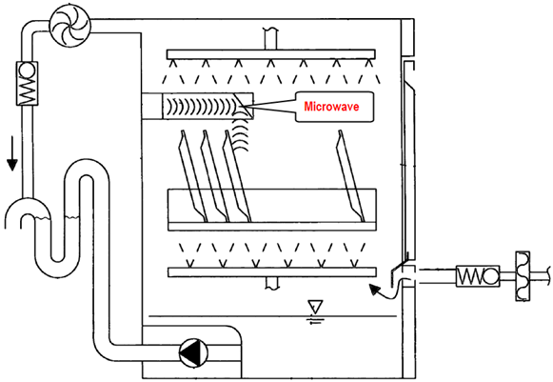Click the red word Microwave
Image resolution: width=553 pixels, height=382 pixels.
pos(331,107)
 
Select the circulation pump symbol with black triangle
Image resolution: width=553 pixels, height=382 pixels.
pos(193,352)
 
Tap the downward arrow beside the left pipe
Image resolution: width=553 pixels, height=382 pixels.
pos(12,153)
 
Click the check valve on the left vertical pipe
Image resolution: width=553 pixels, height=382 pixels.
pos(27,83)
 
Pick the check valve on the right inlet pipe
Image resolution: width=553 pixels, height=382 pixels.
pos(478,275)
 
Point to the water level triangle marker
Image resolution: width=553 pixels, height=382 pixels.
pos(315,307)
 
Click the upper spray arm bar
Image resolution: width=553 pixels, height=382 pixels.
pos(270,54)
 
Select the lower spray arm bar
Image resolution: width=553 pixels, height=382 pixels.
pos(272,272)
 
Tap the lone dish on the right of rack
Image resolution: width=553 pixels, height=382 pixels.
pos(350,176)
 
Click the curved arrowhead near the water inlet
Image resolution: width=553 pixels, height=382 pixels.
pos(375,290)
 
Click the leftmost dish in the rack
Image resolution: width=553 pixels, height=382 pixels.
pos(193,176)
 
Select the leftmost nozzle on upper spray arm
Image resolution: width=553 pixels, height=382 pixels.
pos(173,63)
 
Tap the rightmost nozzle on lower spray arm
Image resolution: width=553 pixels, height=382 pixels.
pos(354,263)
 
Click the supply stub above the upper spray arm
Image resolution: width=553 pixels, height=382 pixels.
pos(270,38)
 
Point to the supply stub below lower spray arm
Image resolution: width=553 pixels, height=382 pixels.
pos(272,282)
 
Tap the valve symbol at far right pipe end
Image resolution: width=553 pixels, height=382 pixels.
pos(523,275)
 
